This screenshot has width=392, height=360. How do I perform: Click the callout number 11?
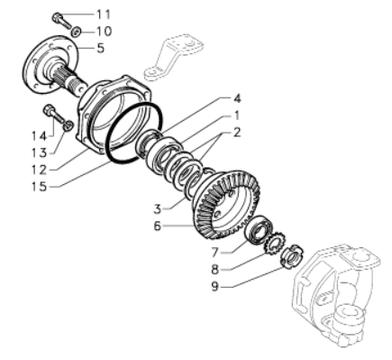click(x=104, y=14)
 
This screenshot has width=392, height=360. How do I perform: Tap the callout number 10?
click(x=104, y=31)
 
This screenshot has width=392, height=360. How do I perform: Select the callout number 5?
click(x=101, y=48)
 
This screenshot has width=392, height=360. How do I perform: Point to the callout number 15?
click(x=40, y=187)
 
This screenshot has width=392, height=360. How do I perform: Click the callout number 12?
click(x=40, y=170)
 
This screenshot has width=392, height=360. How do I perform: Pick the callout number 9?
click(x=214, y=286)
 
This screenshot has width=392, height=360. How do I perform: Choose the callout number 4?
click(x=238, y=99)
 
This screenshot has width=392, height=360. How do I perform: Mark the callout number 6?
click(x=158, y=226)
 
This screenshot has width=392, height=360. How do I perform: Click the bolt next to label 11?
click(x=62, y=20)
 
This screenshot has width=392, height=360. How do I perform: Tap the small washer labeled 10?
click(x=77, y=31)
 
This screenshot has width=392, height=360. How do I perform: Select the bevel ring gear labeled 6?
click(x=225, y=206)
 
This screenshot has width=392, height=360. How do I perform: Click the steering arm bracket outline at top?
click(x=173, y=57)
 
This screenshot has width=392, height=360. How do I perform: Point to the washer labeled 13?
click(x=68, y=125)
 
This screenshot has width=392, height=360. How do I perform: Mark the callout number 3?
click(x=158, y=209)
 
